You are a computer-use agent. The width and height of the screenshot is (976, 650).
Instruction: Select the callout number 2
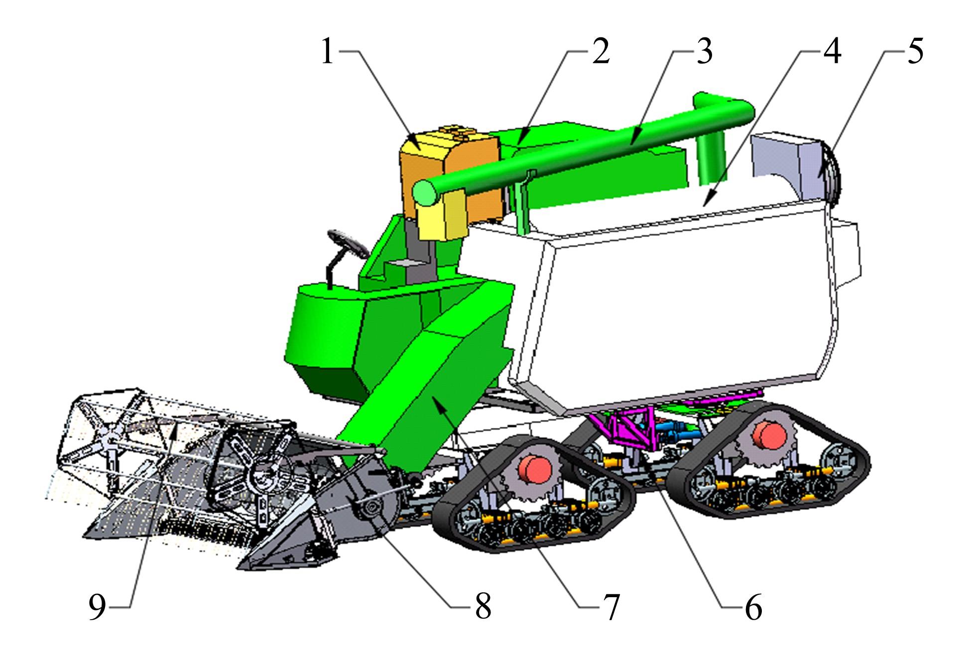601,52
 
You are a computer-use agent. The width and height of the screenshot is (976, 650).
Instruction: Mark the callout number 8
483,607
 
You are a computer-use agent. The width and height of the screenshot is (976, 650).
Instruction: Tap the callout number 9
98,607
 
